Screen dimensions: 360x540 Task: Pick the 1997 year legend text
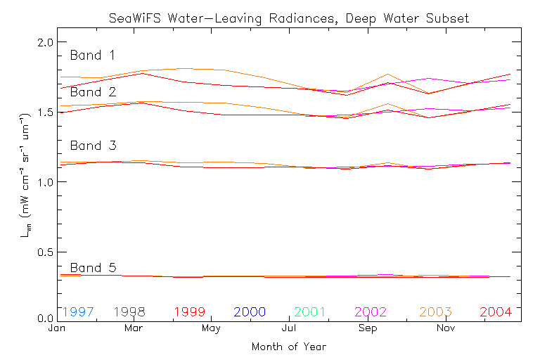click(77, 311)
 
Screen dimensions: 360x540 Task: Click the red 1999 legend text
click(190, 311)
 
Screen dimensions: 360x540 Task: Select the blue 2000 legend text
click(250, 311)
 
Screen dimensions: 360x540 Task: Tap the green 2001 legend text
click(311, 311)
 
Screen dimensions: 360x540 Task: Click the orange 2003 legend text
click(436, 311)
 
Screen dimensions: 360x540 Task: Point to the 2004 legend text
click(496, 311)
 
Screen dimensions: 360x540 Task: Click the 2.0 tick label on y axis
click(46, 43)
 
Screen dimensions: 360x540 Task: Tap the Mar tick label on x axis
click(134, 328)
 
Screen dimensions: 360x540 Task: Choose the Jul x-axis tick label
click(290, 328)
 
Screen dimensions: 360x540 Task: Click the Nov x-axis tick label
click(444, 328)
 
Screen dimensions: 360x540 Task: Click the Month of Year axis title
click(288, 347)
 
